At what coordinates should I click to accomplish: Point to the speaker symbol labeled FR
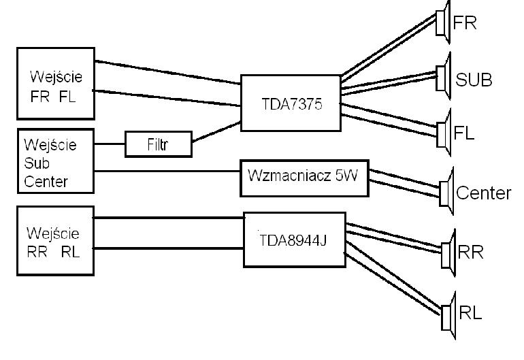coord(443,22)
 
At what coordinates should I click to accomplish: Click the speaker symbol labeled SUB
coord(444,77)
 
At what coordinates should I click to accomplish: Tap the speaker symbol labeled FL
coord(444,133)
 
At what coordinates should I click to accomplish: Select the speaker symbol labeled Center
coord(446,192)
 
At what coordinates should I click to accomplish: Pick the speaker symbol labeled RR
coord(448,254)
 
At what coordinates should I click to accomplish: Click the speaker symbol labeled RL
coord(448,316)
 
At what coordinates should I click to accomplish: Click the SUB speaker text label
coord(474,80)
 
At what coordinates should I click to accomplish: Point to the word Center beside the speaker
coord(484,193)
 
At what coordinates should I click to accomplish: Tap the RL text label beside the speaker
coord(470,313)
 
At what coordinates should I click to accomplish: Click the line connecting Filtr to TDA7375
coord(216,132)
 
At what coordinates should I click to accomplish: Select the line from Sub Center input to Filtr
coord(110,144)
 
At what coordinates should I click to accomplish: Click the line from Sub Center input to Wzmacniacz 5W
coord(167,171)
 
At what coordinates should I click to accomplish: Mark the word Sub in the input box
coord(37,163)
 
